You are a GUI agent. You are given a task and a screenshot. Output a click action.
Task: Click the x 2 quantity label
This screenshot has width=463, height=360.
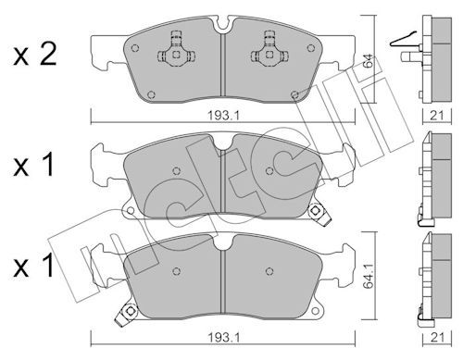[35, 55]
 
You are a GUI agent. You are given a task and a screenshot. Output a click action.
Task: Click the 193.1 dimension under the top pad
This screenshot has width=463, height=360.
[223, 116]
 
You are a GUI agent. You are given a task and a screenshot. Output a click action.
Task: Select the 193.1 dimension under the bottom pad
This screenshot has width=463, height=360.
[223, 338]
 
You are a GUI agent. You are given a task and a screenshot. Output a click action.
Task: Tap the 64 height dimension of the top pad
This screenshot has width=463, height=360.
[368, 63]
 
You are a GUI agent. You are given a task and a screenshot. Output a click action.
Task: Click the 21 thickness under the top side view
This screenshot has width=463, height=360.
[437, 116]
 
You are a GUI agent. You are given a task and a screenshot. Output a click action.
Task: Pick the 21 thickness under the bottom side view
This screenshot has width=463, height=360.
[437, 338]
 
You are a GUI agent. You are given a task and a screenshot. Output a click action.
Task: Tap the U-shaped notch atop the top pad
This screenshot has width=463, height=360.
[222, 25]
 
